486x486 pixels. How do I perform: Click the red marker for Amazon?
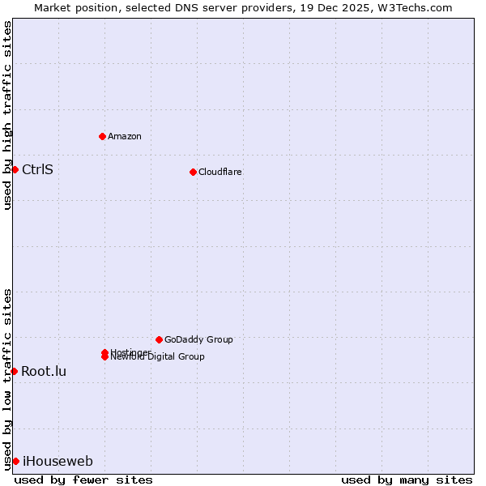[102, 136]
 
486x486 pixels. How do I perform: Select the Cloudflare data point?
[193, 172]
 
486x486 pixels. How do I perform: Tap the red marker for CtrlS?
[15, 169]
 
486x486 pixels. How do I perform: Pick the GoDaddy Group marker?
[159, 339]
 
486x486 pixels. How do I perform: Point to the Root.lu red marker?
[14, 371]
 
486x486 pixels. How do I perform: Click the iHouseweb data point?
[15, 461]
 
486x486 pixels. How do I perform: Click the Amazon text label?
[125, 136]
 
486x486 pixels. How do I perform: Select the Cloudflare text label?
[220, 172]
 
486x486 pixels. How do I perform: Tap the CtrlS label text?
[37, 169]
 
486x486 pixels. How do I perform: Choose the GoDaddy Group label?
[198, 339]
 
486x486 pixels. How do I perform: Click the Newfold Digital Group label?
[158, 357]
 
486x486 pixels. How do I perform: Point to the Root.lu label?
[44, 371]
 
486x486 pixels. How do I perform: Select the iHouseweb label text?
[58, 462]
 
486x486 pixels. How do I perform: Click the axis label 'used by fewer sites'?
[83, 480]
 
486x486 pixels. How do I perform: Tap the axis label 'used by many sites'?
[407, 480]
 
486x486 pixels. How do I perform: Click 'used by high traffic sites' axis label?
[7, 115]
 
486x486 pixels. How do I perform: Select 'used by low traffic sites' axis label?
[7, 379]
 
